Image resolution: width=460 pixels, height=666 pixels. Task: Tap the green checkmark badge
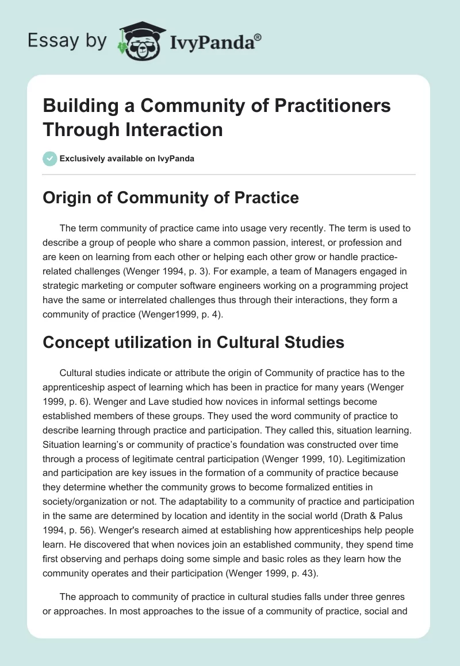click(50, 158)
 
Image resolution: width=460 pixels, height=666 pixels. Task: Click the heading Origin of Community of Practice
click(171, 198)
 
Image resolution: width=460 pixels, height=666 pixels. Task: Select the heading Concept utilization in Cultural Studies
click(194, 342)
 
